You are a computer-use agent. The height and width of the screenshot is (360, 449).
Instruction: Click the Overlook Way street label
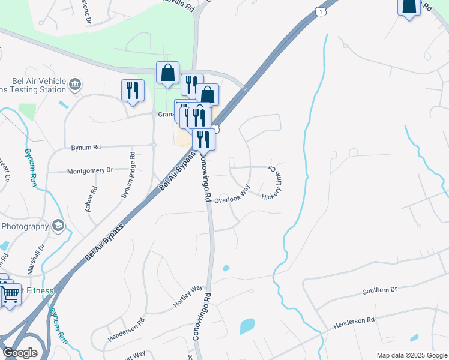tap(232, 196)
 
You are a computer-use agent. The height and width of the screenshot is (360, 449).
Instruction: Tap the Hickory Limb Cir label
tap(272, 182)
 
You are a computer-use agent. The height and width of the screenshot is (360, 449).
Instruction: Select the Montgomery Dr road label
tap(89, 170)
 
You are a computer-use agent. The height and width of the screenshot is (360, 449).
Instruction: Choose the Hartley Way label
tap(188, 297)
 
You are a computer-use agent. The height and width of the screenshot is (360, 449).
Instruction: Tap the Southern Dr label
tap(379, 290)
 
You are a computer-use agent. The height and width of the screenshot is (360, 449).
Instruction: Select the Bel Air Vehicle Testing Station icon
tap(74, 83)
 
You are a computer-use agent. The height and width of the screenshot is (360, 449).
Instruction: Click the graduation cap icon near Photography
tap(58, 226)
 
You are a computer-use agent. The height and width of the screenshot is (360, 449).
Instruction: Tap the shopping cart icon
tap(10, 295)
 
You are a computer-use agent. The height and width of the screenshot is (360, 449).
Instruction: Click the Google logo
tap(20, 353)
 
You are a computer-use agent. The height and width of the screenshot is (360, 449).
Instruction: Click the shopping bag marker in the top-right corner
tap(409, 6)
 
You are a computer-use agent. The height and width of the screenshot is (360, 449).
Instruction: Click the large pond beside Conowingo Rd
tap(247, 326)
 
